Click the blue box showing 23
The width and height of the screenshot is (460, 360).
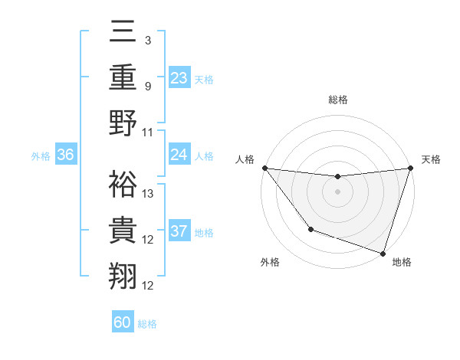[x=179, y=77]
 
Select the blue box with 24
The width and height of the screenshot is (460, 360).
[x=179, y=155]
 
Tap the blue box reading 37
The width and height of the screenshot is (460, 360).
[x=179, y=231]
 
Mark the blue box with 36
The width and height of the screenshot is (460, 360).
[x=65, y=155]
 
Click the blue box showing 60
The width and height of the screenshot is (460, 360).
[x=123, y=322]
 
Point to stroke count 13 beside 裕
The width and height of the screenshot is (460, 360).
[x=148, y=194]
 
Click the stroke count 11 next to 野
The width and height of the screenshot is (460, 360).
[x=148, y=133]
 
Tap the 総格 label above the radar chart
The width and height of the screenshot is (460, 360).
[x=337, y=100]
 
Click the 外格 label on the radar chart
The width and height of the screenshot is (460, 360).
[x=270, y=262]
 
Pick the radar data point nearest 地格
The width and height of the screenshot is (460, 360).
[x=383, y=253]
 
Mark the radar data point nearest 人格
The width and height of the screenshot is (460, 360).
[x=264, y=168]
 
